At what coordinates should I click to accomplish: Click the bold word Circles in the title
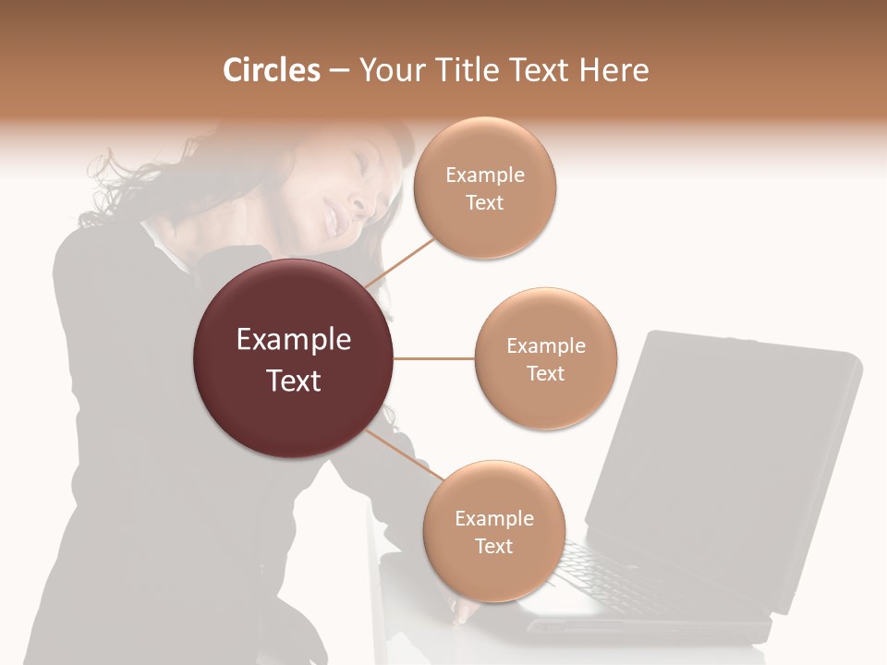[271, 70]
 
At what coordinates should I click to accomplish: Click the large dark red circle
[294, 358]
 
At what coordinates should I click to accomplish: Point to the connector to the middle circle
[434, 358]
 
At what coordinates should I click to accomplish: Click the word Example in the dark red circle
[294, 340]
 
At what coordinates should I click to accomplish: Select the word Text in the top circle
[484, 202]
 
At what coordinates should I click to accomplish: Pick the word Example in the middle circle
[545, 346]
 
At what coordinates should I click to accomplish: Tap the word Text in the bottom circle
[493, 546]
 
